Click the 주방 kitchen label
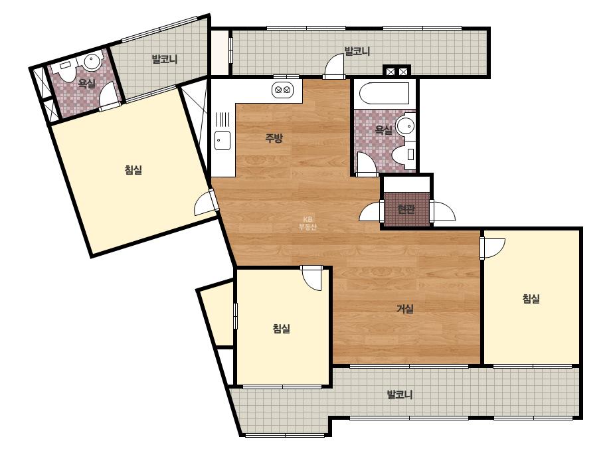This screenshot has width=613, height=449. pyautogui.click(x=274, y=137)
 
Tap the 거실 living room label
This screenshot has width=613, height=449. pyautogui.click(x=405, y=309)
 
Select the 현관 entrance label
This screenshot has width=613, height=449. pyautogui.click(x=406, y=209)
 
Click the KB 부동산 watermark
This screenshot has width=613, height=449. pyautogui.click(x=307, y=223)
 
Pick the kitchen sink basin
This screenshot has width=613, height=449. pyautogui.click(x=222, y=141)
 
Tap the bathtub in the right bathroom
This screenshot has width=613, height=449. pyautogui.click(x=384, y=93)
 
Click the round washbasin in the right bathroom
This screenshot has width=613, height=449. pyautogui.click(x=405, y=126)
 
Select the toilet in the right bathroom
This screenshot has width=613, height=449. pyautogui.click(x=404, y=153)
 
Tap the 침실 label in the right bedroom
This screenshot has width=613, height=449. pyautogui.click(x=531, y=299)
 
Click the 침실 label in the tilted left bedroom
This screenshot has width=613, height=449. pyautogui.click(x=133, y=170)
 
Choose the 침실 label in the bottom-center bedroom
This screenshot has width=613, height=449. pyautogui.click(x=282, y=328)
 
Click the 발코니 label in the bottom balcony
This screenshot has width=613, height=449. pyautogui.click(x=400, y=395)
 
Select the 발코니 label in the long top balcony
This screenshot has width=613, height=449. pyautogui.click(x=357, y=51)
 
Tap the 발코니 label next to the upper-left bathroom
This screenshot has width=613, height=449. pyautogui.click(x=165, y=59)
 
